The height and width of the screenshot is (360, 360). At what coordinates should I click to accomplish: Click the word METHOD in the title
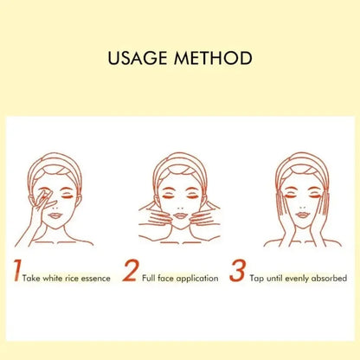[x=214, y=60]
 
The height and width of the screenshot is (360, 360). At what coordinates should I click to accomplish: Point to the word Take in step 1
[x=35, y=279]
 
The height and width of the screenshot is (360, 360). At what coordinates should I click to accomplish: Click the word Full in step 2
[x=150, y=279]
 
